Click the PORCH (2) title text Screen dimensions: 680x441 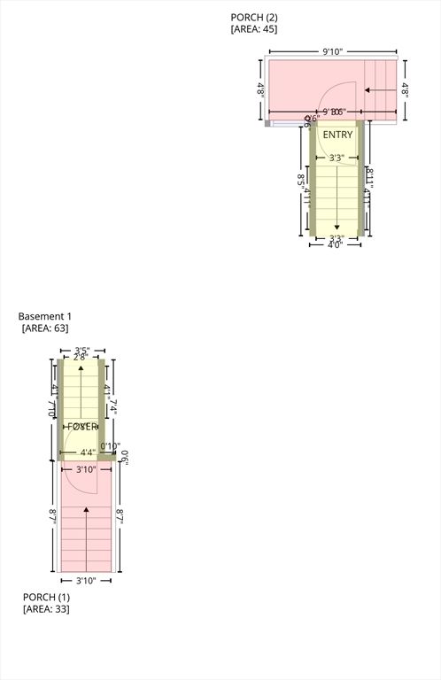[253, 17]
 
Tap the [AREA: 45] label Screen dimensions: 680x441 [254, 29]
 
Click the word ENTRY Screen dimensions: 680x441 [337, 135]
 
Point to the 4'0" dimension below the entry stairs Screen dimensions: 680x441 [336, 244]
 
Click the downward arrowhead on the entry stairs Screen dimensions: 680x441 [337, 226]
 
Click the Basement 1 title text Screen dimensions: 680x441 [45, 316]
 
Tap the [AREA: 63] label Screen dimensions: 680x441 [45, 328]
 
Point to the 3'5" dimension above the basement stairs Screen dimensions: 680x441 [82, 350]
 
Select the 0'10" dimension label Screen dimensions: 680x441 [110, 446]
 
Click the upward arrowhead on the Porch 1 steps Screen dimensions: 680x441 [86, 510]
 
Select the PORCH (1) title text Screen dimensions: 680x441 [46, 597]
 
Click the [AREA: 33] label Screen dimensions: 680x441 [46, 609]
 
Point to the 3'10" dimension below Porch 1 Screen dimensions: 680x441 [86, 581]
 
